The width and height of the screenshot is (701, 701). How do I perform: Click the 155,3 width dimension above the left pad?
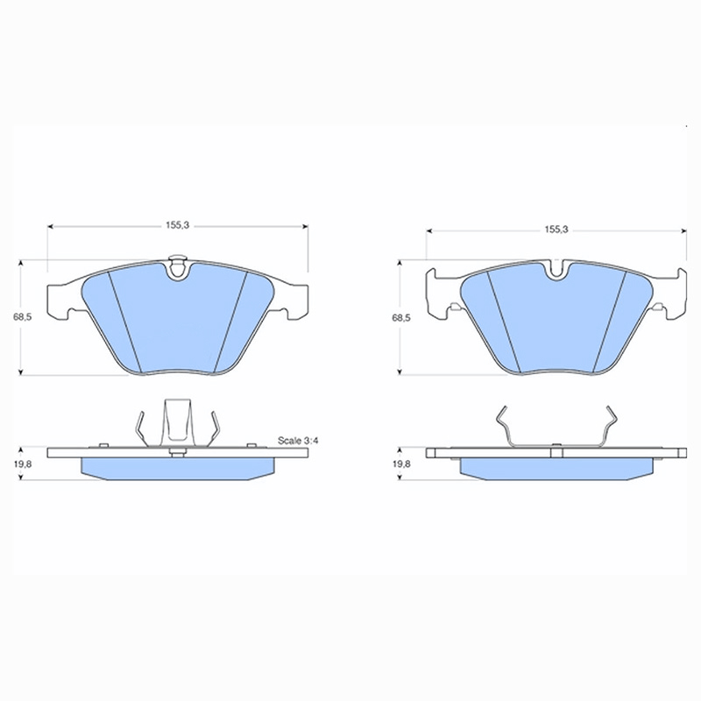(178, 225)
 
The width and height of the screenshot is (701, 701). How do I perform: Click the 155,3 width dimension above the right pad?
(556, 230)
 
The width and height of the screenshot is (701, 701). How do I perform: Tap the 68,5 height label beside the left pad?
(22, 317)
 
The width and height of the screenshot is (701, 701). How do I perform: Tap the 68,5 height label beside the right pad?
(401, 318)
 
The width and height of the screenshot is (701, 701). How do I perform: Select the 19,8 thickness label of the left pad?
(23, 464)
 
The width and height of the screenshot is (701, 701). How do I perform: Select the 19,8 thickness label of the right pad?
(401, 464)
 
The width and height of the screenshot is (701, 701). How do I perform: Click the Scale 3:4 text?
(298, 441)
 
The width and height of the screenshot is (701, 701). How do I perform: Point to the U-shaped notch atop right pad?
(556, 271)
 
